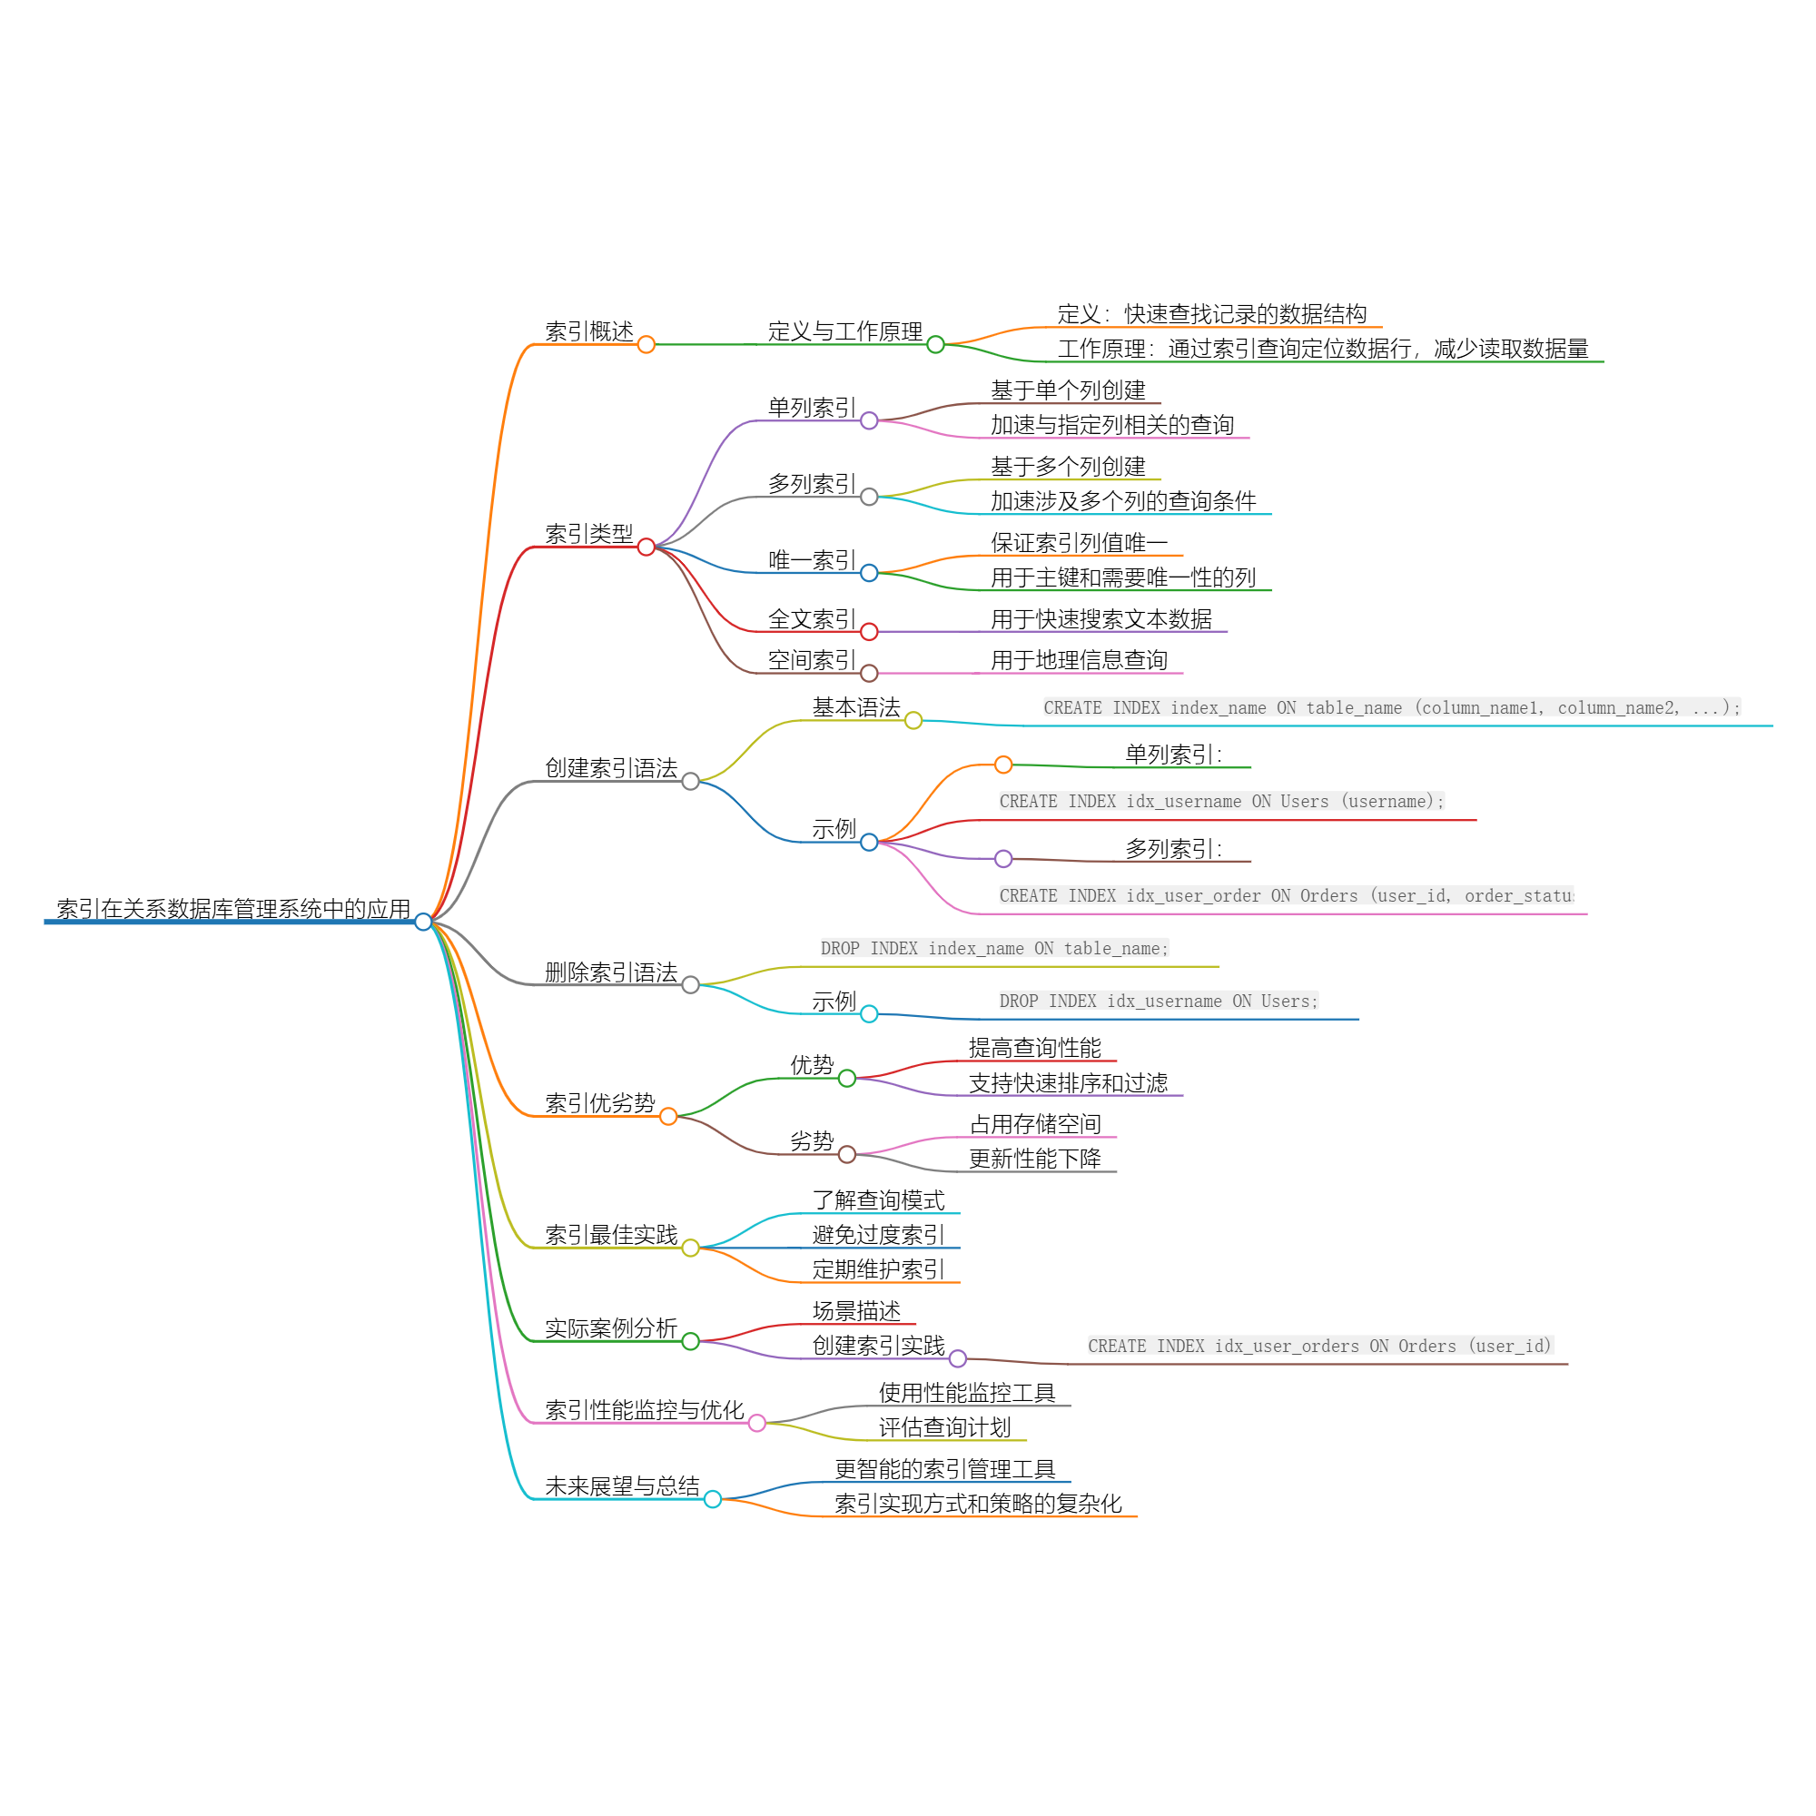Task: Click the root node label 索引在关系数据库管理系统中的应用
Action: tap(233, 909)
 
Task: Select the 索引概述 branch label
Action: tap(589, 331)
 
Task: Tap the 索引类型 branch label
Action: tap(589, 534)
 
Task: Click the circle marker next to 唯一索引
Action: tap(870, 573)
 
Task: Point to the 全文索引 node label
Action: tap(811, 619)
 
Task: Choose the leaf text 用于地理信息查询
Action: tap(1079, 661)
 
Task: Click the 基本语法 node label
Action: tap(856, 708)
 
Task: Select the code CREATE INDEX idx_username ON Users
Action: tap(1221, 802)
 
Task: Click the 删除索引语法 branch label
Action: tap(611, 972)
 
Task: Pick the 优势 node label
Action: tap(812, 1066)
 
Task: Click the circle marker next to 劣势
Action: tap(847, 1155)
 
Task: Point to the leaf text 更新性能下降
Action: tap(1035, 1160)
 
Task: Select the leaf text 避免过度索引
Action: tap(878, 1236)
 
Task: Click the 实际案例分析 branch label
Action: tap(611, 1329)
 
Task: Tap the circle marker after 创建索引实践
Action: tap(958, 1359)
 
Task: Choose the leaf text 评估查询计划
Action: tap(944, 1428)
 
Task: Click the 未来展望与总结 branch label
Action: tap(622, 1487)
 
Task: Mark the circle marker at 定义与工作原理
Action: tap(935, 345)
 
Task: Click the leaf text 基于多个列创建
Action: tap(1068, 467)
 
